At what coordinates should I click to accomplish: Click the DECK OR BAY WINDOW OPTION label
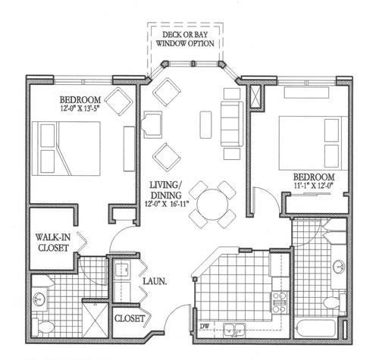[185, 39]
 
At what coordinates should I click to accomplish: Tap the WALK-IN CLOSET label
[53, 243]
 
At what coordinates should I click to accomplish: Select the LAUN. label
[155, 281]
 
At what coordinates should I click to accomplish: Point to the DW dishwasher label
[205, 327]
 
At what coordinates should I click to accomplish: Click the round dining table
[212, 205]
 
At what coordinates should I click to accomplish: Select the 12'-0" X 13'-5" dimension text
[80, 109]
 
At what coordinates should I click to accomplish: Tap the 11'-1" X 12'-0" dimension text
[314, 186]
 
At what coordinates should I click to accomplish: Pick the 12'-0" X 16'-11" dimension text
[167, 204]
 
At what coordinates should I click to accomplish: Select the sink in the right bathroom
[339, 267]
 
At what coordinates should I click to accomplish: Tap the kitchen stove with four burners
[280, 302]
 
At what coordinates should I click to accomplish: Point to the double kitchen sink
[234, 330]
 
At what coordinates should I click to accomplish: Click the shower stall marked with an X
[96, 320]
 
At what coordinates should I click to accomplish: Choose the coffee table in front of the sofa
[205, 125]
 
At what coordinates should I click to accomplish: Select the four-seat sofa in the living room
[232, 124]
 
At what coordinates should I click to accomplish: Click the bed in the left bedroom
[66, 149]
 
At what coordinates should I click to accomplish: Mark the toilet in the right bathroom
[334, 302]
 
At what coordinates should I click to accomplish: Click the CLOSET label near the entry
[130, 318]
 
